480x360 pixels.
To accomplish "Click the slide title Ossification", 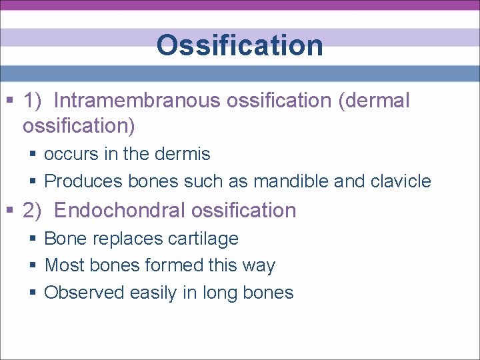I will (239, 45).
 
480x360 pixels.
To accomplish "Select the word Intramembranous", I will (137, 101).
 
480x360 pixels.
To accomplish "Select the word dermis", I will (182, 154).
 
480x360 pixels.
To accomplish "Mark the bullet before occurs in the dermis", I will (33, 155).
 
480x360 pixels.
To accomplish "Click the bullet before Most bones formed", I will (33, 266).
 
